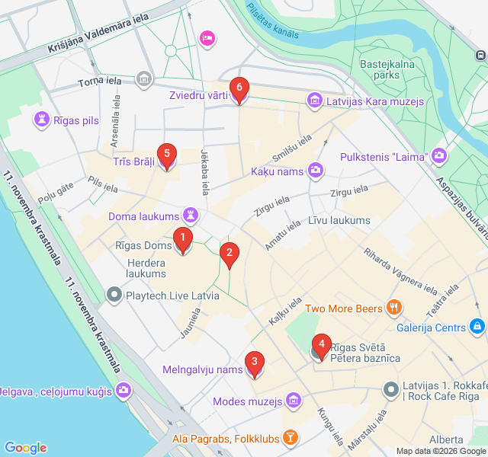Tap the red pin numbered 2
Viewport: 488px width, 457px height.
(x=229, y=255)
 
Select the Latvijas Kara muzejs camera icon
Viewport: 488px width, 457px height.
(x=313, y=100)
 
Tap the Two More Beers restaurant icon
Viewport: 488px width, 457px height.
(x=394, y=308)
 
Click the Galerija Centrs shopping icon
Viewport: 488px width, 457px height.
(x=477, y=328)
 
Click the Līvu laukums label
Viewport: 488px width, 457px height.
(x=339, y=221)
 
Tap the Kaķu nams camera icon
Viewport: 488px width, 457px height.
(x=314, y=171)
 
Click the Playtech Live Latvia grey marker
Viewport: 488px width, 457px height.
(x=114, y=293)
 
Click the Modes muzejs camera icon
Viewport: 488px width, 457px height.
(x=295, y=401)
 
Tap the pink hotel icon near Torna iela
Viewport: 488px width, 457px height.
(x=206, y=37)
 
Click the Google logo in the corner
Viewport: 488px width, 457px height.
(x=25, y=448)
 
